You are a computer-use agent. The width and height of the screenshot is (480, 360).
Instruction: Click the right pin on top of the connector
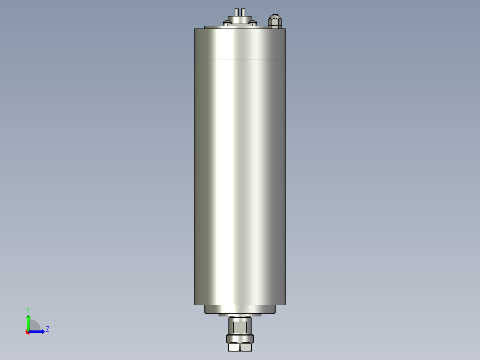pos(243,12)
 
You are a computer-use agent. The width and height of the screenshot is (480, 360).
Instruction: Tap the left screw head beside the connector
pos(228,23)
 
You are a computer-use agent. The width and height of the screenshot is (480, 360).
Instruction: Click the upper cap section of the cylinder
pos(240,44)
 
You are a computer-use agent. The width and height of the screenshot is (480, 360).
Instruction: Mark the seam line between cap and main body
pos(240,59)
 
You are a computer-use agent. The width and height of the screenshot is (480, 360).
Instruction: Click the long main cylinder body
pos(240,178)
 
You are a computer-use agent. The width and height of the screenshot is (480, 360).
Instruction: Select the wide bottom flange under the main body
pos(240,309)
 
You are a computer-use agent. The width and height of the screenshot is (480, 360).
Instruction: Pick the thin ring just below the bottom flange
pos(240,315)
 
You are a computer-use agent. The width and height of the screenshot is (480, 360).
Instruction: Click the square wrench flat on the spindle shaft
pos(240,327)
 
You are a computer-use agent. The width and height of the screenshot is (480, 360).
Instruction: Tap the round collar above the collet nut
pos(240,338)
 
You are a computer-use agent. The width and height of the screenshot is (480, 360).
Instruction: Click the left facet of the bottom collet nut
pos(234,347)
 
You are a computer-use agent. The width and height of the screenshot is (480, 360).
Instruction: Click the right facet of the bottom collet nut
pos(246,347)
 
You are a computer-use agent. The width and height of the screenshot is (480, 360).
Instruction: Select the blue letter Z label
pos(47,329)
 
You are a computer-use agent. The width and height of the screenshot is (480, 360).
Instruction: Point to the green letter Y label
pos(28,309)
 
